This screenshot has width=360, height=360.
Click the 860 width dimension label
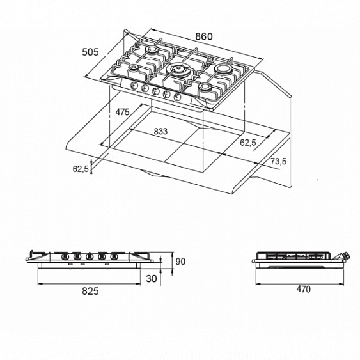click(x=203, y=36)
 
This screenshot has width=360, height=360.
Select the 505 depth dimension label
click(x=91, y=53)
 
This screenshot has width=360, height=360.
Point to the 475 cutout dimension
click(x=123, y=112)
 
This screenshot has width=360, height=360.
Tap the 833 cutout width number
click(x=160, y=131)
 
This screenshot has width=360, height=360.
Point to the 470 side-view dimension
click(x=303, y=290)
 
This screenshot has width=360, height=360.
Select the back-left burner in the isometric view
click(x=155, y=51)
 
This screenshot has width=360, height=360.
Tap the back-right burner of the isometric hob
click(x=223, y=68)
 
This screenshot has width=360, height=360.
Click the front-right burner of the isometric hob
click(x=207, y=89)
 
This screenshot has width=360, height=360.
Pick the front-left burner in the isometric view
click(x=136, y=70)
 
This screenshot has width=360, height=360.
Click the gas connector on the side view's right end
click(x=347, y=257)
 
